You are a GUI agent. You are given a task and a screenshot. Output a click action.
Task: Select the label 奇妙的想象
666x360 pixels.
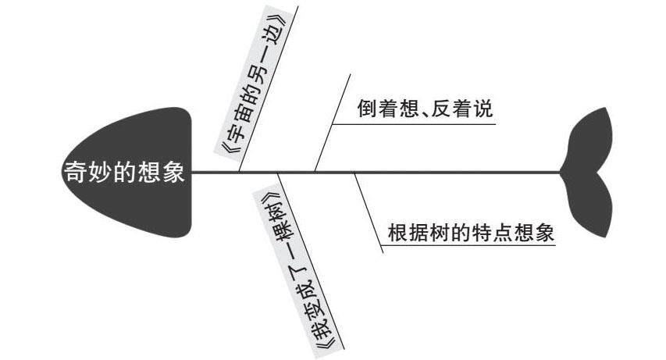pos(124,172)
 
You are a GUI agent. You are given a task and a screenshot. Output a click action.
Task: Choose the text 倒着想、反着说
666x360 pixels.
pos(425,109)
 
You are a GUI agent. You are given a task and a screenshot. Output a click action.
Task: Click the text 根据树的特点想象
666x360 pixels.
pos(471,232)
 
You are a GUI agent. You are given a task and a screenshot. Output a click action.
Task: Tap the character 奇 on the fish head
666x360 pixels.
pos(75,172)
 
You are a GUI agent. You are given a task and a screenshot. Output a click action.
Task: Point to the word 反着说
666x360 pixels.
pos(468,109)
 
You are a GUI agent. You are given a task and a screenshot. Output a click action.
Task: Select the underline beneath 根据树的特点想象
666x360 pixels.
pos(468,246)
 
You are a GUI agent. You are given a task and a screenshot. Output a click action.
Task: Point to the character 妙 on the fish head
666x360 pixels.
pos(100,172)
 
